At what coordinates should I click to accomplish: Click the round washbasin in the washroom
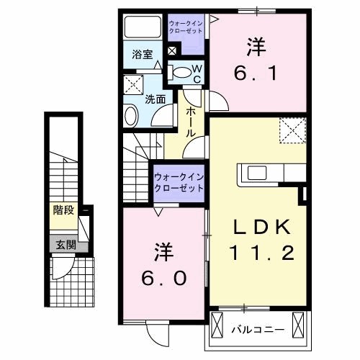131,115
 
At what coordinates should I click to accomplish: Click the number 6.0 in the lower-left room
163,278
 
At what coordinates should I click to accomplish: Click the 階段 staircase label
63,211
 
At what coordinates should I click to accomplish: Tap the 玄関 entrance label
63,244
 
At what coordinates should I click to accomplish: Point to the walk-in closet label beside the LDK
177,182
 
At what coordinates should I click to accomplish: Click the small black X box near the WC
172,51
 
